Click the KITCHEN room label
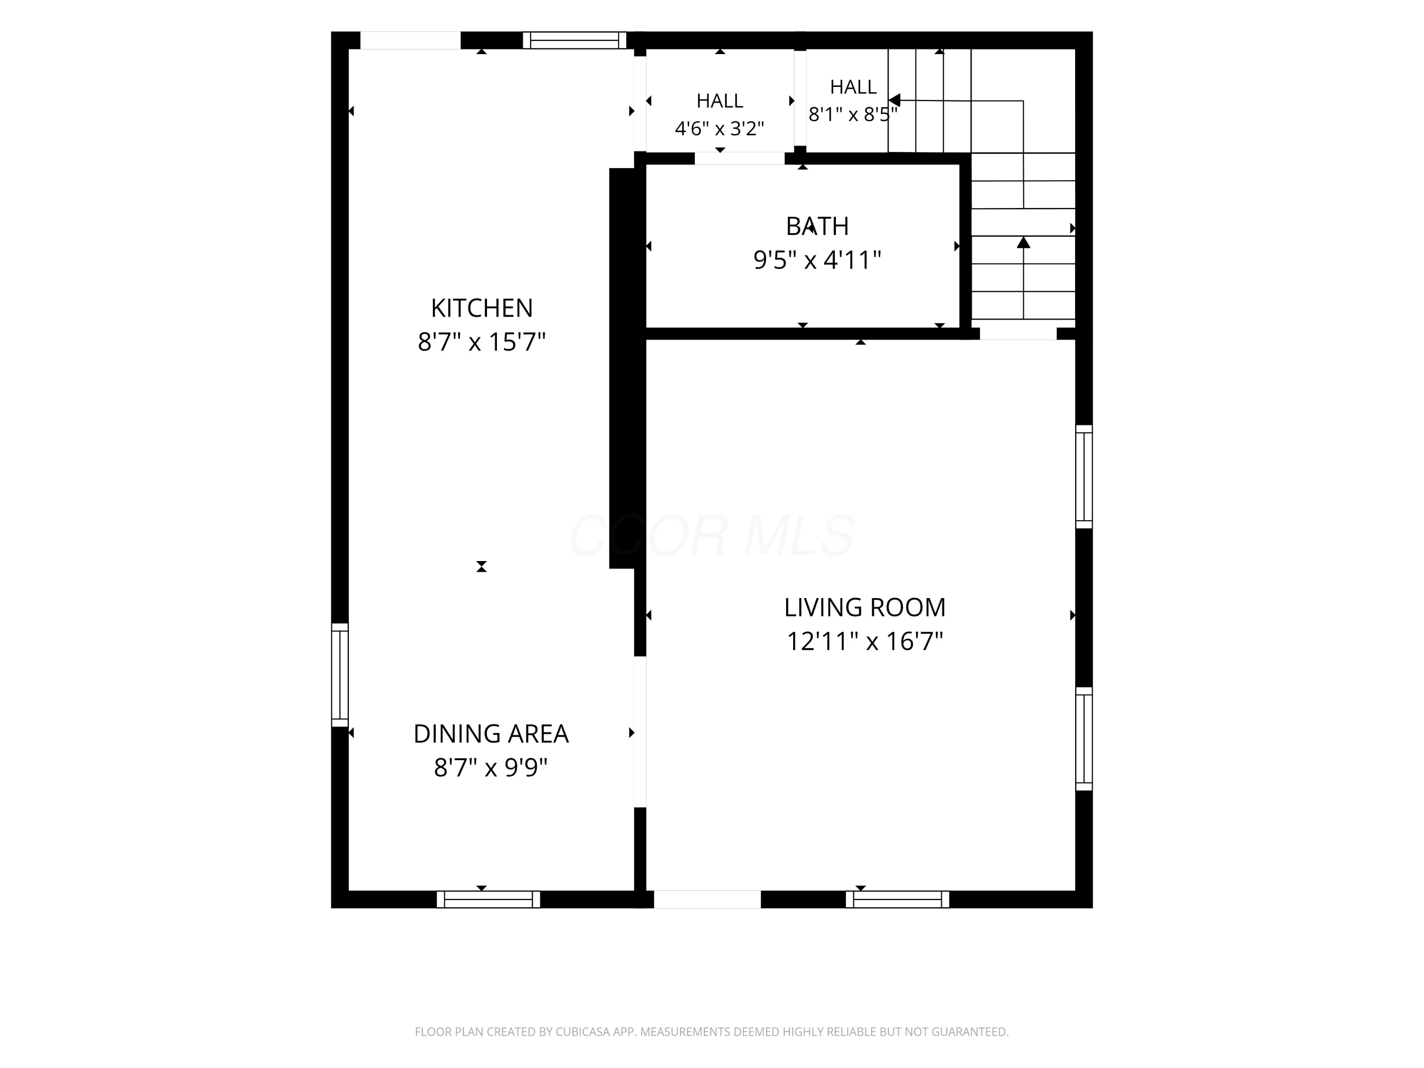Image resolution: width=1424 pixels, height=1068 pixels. pos(481,309)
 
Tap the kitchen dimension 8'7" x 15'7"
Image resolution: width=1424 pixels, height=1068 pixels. pos(481,342)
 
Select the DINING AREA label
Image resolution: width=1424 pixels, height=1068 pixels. pos(490,734)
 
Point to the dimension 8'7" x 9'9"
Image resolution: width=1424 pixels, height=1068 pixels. pos(490,768)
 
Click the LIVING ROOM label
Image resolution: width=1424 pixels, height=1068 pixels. pos(864,608)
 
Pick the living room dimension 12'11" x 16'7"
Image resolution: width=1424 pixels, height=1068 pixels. pos(864,641)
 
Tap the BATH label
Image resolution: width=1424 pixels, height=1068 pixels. pos(817,226)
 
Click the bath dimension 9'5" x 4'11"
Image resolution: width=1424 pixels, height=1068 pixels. pos(817,260)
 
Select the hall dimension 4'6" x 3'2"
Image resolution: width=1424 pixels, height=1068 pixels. pos(719,129)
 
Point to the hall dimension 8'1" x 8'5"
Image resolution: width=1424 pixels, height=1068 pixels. pos(853,114)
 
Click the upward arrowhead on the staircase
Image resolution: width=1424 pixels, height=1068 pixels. pos(1023,242)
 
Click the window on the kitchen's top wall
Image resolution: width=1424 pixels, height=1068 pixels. pos(574,40)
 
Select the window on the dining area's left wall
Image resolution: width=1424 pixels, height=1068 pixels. pos(340,675)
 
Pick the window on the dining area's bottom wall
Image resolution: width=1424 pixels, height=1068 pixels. pos(488,899)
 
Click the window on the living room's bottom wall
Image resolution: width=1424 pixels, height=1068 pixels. pos(898,899)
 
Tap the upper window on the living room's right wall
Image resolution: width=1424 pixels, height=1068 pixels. pos(1084,477)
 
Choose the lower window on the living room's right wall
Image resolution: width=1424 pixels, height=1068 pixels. pos(1084,739)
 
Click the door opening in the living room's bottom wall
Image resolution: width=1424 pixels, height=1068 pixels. pos(708,899)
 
